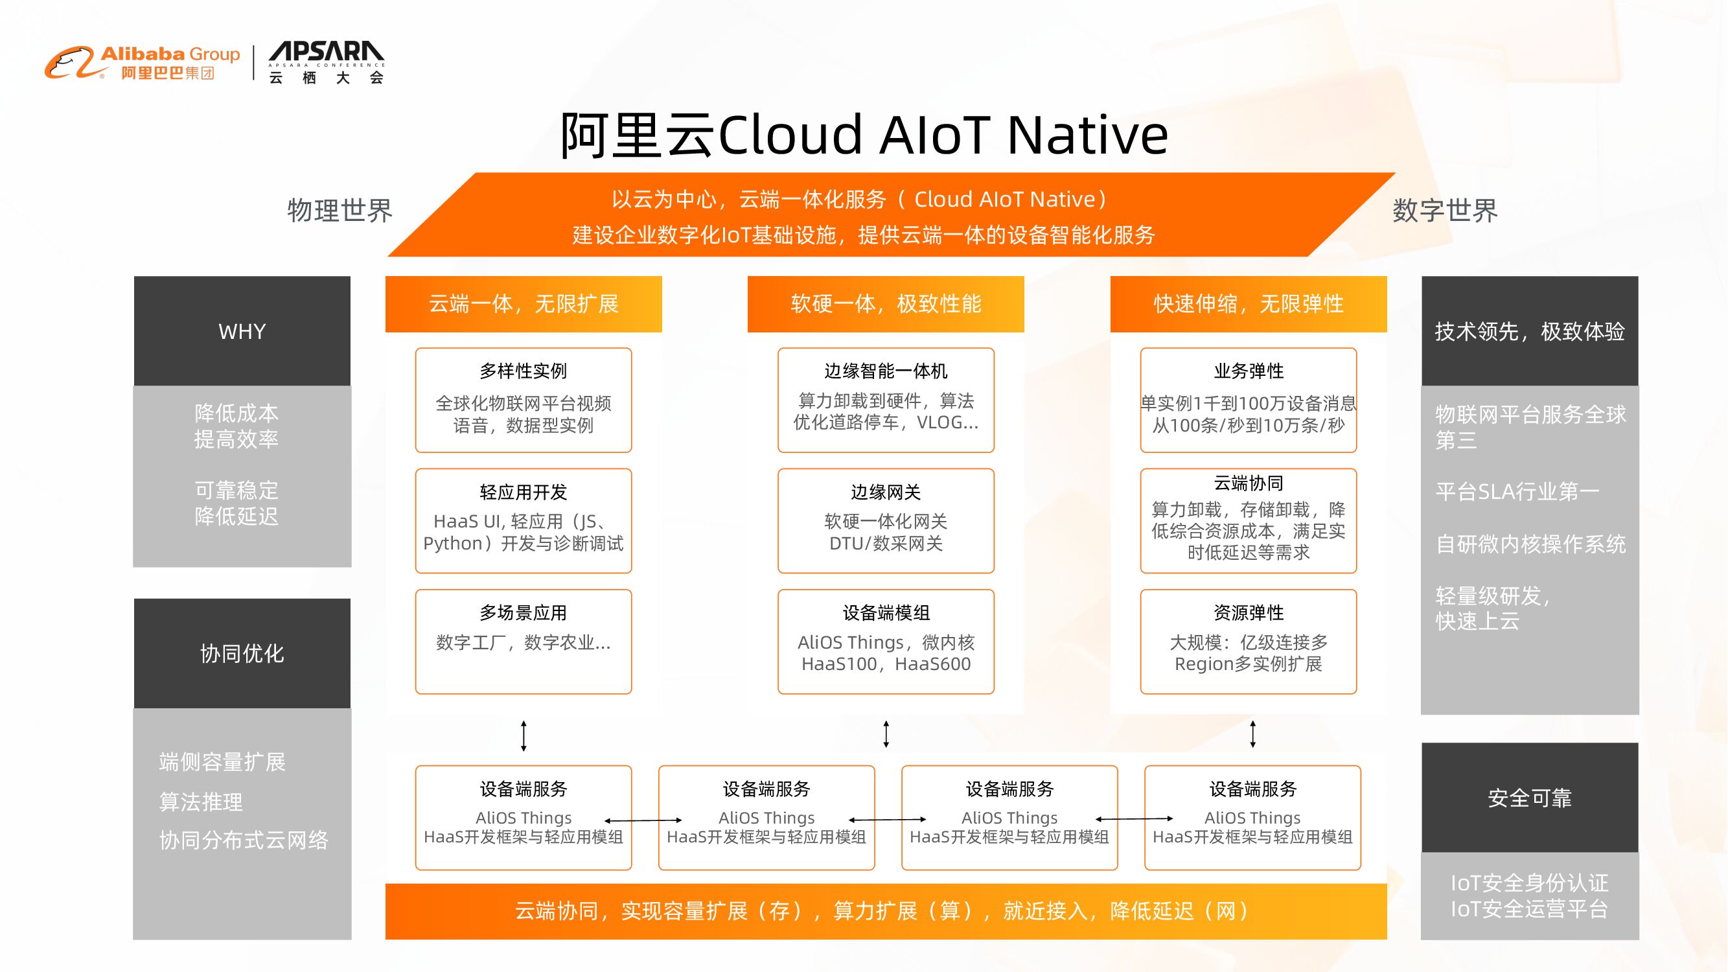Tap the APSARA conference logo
pos(326,63)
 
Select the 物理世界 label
pos(340,211)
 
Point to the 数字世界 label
pos(1444,211)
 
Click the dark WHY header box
pos(242,330)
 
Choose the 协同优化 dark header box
pos(242,653)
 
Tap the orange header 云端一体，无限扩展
pos(524,304)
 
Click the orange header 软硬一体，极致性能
pos(886,304)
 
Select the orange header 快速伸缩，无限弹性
pos(1248,304)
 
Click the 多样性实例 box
pos(524,400)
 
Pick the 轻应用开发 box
pos(524,520)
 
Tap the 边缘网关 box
pos(886,520)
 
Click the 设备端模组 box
pos(886,642)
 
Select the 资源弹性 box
pos(1248,642)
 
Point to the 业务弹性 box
pos(1248,400)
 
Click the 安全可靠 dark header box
pos(1530,798)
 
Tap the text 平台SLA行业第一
pos(1517,492)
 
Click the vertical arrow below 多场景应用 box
pos(524,736)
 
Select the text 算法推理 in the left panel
pos(201,802)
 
